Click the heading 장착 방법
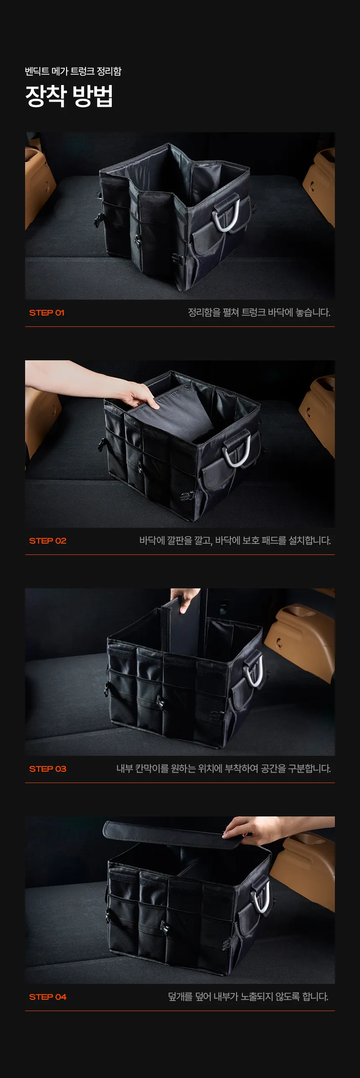click(69, 96)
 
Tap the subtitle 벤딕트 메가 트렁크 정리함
click(73, 71)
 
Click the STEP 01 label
click(47, 313)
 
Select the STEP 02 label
click(48, 541)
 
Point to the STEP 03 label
click(48, 769)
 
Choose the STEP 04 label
click(48, 997)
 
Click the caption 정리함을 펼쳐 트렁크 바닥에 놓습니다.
click(259, 313)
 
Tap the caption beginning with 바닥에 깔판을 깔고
click(235, 541)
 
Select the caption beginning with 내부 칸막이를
click(224, 769)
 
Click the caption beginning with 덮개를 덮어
click(248, 997)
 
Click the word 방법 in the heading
click(93, 96)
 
